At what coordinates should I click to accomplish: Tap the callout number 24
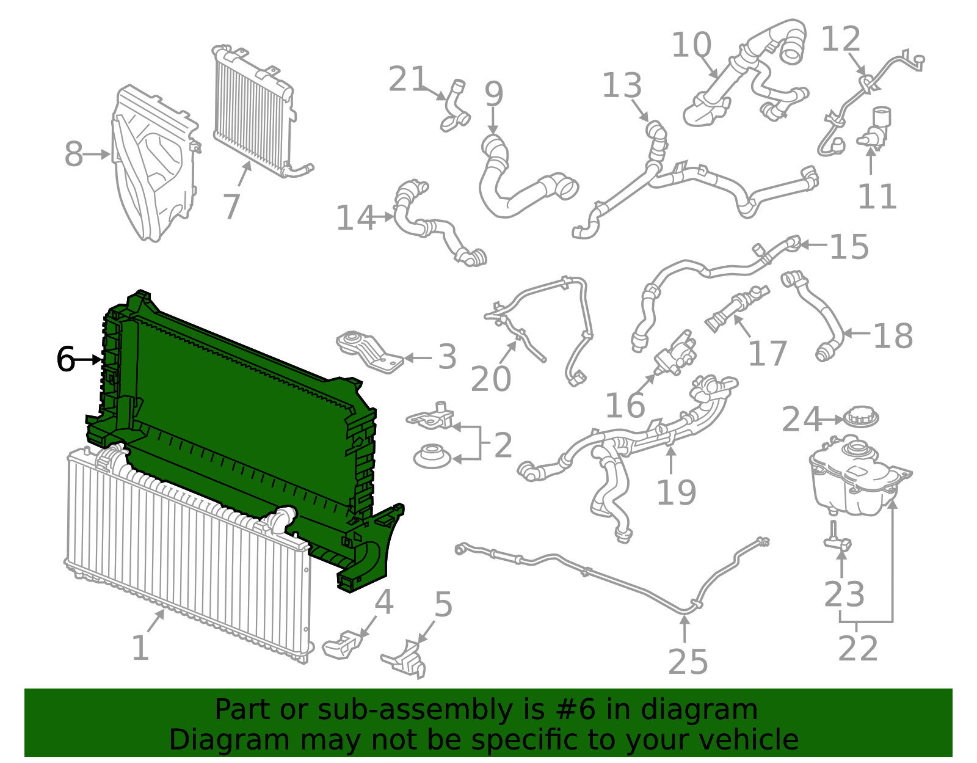tap(802, 420)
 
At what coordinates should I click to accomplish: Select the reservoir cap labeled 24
tap(861, 418)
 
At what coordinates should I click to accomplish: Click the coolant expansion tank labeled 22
tap(855, 476)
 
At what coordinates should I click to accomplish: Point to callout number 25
tap(688, 662)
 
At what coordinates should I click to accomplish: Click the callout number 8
tap(73, 154)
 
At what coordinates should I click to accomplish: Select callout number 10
tap(691, 45)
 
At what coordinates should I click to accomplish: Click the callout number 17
tap(768, 354)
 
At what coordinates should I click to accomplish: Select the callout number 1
tap(140, 648)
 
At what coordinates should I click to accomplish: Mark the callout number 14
tap(356, 218)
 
